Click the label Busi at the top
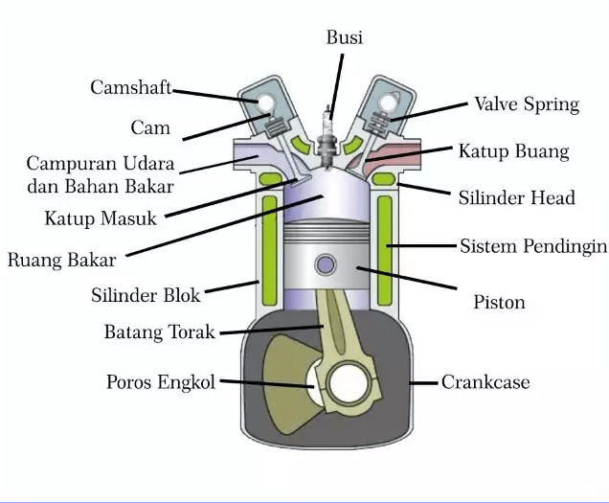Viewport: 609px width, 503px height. [x=344, y=38]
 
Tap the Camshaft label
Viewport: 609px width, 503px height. [x=131, y=87]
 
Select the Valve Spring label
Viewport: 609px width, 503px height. [x=527, y=104]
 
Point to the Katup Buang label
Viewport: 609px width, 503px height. [x=513, y=151]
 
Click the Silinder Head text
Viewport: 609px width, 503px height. [x=517, y=197]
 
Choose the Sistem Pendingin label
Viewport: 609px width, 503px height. [x=533, y=246]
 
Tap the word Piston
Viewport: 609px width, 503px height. [x=499, y=302]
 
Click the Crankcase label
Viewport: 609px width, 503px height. [x=485, y=382]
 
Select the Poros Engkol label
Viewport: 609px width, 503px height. [x=161, y=382]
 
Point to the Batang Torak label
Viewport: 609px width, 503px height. [x=160, y=332]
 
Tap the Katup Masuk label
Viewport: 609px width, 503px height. [x=100, y=218]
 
